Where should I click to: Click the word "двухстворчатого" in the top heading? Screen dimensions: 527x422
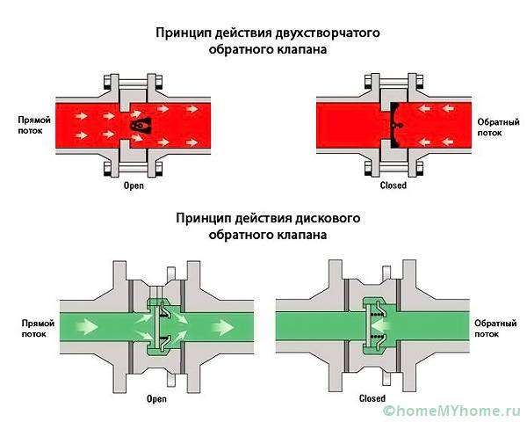coord(328,33)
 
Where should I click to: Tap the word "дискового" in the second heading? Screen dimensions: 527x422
coord(328,218)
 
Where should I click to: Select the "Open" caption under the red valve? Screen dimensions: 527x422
coord(134,186)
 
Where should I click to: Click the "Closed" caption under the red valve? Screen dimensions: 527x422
coord(393,186)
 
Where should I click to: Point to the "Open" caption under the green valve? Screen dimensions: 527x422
coord(156,399)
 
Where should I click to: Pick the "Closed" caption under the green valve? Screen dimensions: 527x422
coord(372,398)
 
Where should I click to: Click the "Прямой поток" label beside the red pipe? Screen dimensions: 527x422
coord(34,125)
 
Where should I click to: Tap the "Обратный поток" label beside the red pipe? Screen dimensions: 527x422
coord(498,127)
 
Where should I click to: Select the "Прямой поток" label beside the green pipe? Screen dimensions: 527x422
coord(38,329)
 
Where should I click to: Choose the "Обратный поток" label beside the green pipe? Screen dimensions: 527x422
coord(495,329)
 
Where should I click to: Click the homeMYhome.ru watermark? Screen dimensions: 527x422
coord(452,411)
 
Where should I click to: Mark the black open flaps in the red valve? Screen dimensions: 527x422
coord(141,126)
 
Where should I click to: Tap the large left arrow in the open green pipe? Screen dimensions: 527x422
coord(87,326)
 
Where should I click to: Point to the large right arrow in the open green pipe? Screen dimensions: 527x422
coord(222,326)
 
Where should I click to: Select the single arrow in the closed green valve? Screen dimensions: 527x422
coord(381,326)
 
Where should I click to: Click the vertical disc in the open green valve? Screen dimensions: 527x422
coord(157,327)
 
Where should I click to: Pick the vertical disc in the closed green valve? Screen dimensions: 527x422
coord(369,326)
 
